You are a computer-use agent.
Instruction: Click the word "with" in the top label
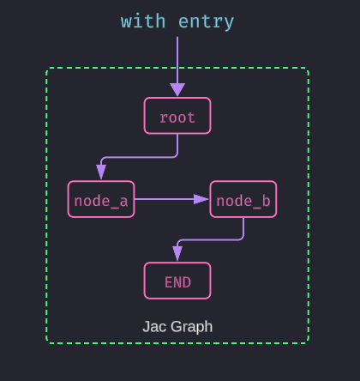[x=143, y=21]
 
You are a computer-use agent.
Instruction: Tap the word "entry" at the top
[x=206, y=21]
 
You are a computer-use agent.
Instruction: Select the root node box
[x=177, y=117]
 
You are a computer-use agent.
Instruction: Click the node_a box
[x=101, y=200]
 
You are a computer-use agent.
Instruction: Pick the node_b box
[x=243, y=200]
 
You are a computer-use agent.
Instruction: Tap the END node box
[x=177, y=281]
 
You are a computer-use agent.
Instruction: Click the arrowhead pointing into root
[x=177, y=90]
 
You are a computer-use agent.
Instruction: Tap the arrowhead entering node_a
[x=101, y=173]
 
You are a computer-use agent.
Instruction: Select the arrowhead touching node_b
[x=201, y=199]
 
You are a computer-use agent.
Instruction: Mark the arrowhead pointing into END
[x=177, y=255]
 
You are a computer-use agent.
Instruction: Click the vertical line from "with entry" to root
[x=177, y=60]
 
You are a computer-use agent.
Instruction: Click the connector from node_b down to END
[x=214, y=239]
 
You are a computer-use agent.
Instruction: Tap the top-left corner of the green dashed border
[x=47, y=69]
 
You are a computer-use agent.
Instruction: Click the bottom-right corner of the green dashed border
[x=308, y=342]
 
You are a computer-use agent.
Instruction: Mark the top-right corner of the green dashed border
[x=308, y=69]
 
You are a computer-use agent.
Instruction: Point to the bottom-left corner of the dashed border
[x=47, y=342]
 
